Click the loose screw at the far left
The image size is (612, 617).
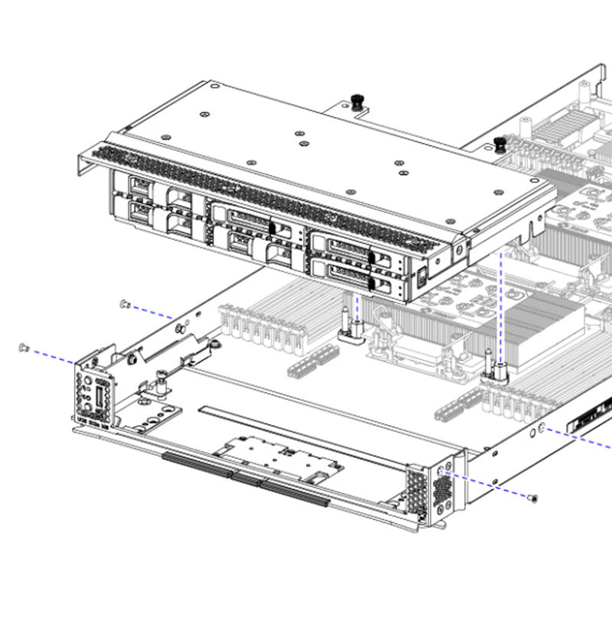click(23, 348)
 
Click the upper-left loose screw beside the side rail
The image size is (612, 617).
click(124, 304)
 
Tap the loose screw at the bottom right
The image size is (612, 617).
click(533, 498)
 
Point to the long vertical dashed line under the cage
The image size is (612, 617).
click(500, 306)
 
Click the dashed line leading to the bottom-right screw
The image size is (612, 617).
click(490, 484)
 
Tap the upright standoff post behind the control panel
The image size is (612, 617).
click(162, 380)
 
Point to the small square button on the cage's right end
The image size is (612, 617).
click(422, 278)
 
